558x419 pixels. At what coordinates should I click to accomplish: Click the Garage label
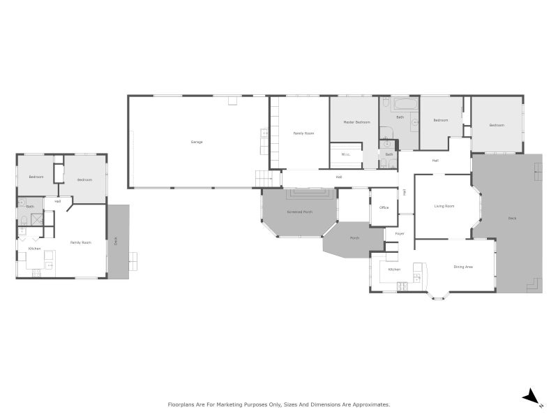click(x=197, y=142)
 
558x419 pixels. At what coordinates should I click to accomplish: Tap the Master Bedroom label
click(x=357, y=122)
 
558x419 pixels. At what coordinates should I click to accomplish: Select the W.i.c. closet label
click(x=345, y=154)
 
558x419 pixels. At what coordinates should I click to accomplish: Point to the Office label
click(x=384, y=207)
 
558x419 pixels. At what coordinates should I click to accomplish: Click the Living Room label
click(x=444, y=206)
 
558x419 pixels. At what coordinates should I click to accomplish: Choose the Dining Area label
click(x=464, y=267)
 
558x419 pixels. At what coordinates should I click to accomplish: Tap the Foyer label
click(x=400, y=233)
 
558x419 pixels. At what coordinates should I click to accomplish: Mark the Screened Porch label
click(x=299, y=212)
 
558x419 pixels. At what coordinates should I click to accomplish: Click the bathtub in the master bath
click(x=405, y=105)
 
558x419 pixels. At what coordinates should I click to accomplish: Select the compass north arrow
click(x=531, y=397)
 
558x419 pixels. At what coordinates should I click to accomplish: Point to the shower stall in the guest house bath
click(x=37, y=219)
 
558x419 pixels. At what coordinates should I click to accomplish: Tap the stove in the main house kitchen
click(x=402, y=284)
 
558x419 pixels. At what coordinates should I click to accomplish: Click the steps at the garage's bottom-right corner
click(x=262, y=178)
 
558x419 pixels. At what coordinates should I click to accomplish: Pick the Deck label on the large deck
click(x=512, y=219)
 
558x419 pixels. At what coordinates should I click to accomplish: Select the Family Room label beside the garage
click(x=303, y=133)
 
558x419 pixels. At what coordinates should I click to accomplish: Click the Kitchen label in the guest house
click(x=34, y=249)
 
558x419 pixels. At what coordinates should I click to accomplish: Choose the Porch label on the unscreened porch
click(x=354, y=238)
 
